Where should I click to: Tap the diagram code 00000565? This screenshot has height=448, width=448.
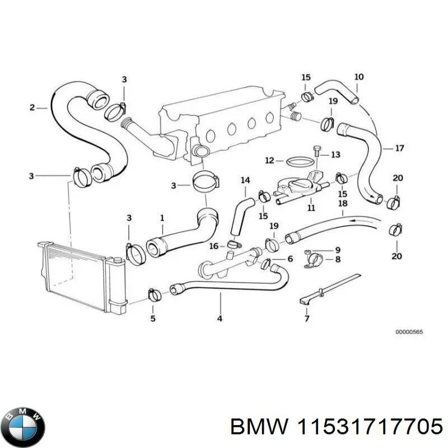point(409,332)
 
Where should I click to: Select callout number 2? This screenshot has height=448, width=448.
point(32,107)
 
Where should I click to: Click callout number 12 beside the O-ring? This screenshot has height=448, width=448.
point(270,161)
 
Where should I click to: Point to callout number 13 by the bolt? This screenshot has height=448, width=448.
point(335,154)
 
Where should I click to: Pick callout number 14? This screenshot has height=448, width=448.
point(245,180)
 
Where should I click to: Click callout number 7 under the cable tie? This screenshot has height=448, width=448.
point(306,319)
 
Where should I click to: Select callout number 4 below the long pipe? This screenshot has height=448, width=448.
point(220,319)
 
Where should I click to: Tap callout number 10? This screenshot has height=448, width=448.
point(359,77)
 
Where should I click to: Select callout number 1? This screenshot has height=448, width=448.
point(162,217)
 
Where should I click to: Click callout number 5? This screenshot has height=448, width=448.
point(153,319)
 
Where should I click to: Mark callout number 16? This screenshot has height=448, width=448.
point(213,246)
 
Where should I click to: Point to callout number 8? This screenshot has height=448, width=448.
point(338,259)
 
